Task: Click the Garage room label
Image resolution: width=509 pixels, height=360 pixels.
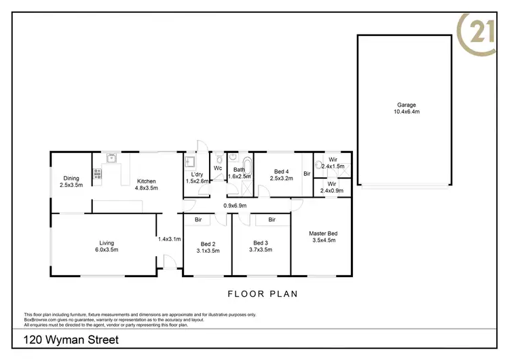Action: [x=407, y=108]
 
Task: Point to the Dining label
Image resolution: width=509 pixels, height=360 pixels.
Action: [x=71, y=181]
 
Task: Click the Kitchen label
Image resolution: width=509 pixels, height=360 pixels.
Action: [x=147, y=184]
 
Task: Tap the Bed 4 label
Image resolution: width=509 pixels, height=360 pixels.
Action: [x=281, y=175]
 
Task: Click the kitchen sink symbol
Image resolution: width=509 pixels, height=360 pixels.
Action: [x=111, y=160]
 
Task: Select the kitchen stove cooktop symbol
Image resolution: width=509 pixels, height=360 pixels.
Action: [x=97, y=176]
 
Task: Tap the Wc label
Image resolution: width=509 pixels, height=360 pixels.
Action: [x=218, y=168]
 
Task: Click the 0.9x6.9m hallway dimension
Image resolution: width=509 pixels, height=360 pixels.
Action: [x=235, y=205]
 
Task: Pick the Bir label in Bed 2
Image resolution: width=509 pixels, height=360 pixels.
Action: [x=198, y=219]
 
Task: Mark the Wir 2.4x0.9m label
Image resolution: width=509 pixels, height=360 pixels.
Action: [x=333, y=187]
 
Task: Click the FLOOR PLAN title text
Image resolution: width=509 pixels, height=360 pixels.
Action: [x=262, y=294]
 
